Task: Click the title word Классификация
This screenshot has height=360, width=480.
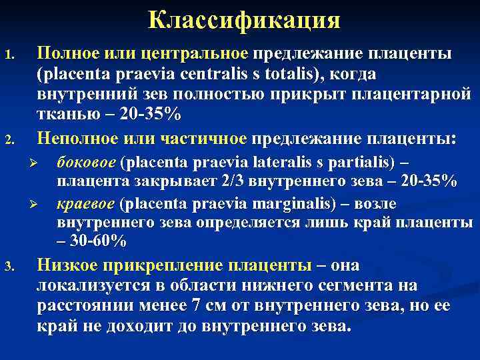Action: point(244,20)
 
